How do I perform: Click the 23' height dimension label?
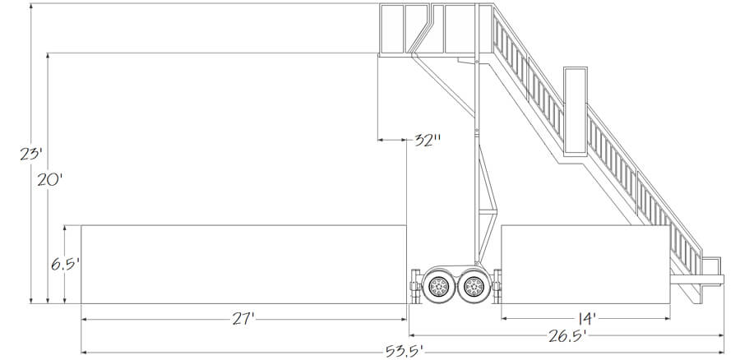30,153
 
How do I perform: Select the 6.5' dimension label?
63,265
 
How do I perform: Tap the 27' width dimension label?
245,318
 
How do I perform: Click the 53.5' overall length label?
404,352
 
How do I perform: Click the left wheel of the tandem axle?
437,286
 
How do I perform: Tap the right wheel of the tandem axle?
473,286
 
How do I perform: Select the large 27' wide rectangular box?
243,264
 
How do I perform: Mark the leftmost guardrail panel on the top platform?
391,30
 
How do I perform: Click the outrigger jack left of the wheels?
412,288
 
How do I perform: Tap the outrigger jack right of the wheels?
498,288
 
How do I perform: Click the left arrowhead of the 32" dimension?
381,141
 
